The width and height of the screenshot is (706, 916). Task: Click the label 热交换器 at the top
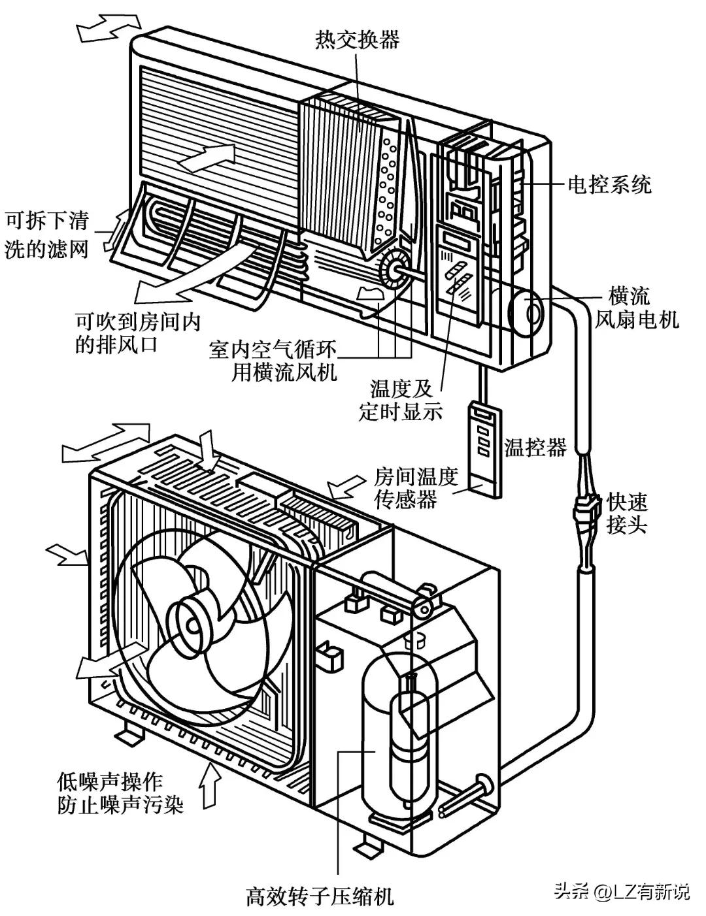click(357, 41)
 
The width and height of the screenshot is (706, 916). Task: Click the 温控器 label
click(535, 448)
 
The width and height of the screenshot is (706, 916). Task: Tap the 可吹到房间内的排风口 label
click(137, 333)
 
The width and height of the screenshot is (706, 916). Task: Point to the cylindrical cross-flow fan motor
click(528, 313)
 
